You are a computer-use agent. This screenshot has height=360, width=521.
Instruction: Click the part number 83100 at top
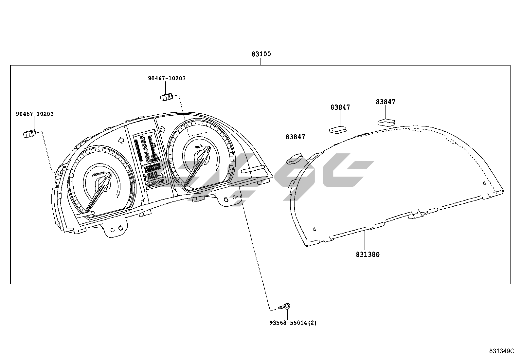(261, 54)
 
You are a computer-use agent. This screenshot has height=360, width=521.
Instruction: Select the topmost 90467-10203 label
(167, 78)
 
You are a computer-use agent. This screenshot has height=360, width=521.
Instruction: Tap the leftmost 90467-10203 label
(35, 114)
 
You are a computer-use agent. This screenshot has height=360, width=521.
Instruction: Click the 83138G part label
(368, 254)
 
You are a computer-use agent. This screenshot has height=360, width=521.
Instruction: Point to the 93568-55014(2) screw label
(293, 323)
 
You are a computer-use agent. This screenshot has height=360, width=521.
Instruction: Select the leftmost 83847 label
(295, 137)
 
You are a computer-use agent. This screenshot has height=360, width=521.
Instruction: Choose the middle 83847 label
(340, 107)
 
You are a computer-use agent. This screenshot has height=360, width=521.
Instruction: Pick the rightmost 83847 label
(386, 102)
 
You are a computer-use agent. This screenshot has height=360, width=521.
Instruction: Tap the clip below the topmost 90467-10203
(166, 97)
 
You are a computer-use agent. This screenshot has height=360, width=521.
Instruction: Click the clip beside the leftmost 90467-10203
(29, 134)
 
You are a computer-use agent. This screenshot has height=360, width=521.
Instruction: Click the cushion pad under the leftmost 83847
(294, 160)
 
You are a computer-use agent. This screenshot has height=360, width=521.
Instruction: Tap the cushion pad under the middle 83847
(337, 129)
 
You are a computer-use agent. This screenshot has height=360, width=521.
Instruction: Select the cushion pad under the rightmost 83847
(386, 122)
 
